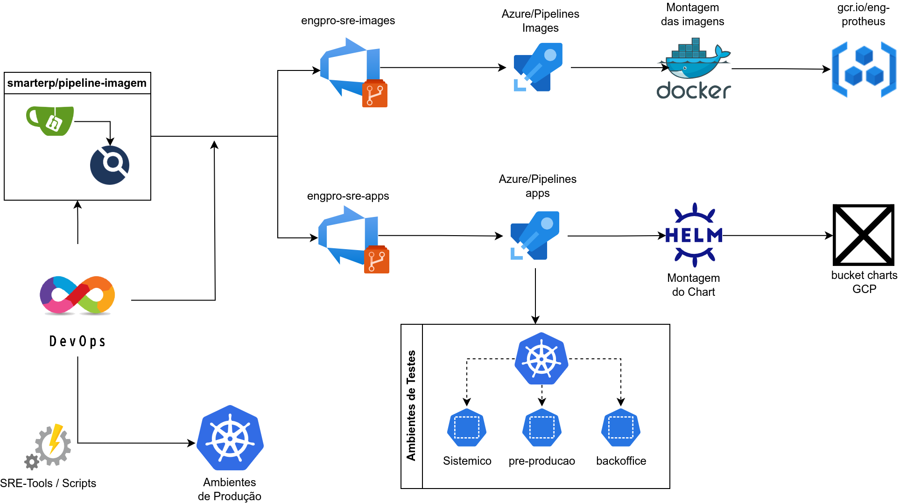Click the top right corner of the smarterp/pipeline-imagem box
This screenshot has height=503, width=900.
151,72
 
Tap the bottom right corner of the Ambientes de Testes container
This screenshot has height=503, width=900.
670,489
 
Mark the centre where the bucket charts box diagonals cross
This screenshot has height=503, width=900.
864,235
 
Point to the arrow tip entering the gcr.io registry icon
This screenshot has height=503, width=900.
830,69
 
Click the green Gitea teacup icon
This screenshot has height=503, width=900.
50,121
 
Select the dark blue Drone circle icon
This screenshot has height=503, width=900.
110,165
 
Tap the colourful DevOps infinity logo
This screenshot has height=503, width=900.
77,295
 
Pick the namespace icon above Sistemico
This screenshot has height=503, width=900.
467,427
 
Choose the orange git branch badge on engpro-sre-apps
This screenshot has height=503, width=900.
377,259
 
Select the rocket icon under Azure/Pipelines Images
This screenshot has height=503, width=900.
538,67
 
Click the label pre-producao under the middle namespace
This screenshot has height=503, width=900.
542,461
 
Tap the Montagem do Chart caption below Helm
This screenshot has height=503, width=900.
694,285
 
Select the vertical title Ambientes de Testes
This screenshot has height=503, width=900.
411,405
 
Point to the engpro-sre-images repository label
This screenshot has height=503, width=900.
348,21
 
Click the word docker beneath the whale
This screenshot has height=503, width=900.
694,91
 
